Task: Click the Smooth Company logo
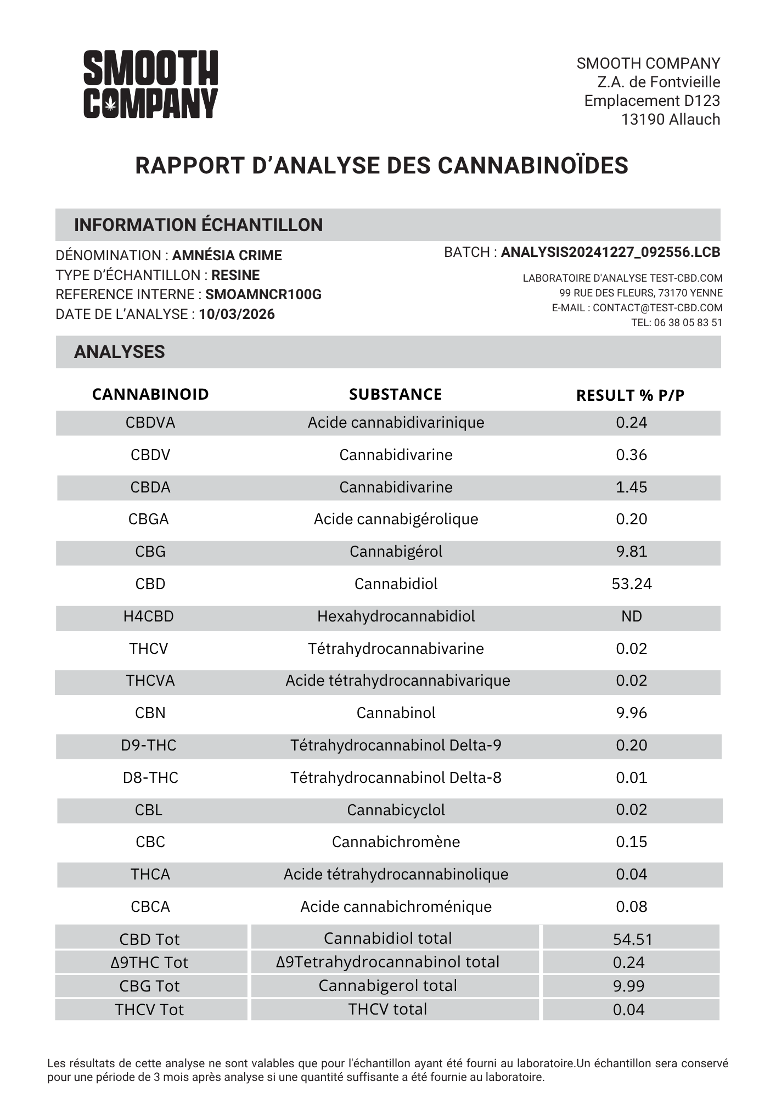coord(150,84)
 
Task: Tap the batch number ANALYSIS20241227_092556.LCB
coord(610,252)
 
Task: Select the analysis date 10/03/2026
coord(237,314)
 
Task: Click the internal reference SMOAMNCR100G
coord(263,295)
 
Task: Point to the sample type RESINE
coord(235,275)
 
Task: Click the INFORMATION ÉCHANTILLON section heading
coord(198,225)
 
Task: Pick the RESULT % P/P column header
coord(630,395)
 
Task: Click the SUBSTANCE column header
coord(395,394)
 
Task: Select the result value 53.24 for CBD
coord(631,584)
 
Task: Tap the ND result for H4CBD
coord(631,616)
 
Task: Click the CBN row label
coord(150,713)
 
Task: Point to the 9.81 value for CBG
coord(631,551)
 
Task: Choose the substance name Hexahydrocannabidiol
coord(396,616)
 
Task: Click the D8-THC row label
coord(150,777)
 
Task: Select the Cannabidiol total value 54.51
coord(632,939)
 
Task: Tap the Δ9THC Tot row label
coord(149,962)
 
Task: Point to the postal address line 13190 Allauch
coord(670,119)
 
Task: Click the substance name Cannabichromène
coord(396,842)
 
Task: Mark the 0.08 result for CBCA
coord(631,906)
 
